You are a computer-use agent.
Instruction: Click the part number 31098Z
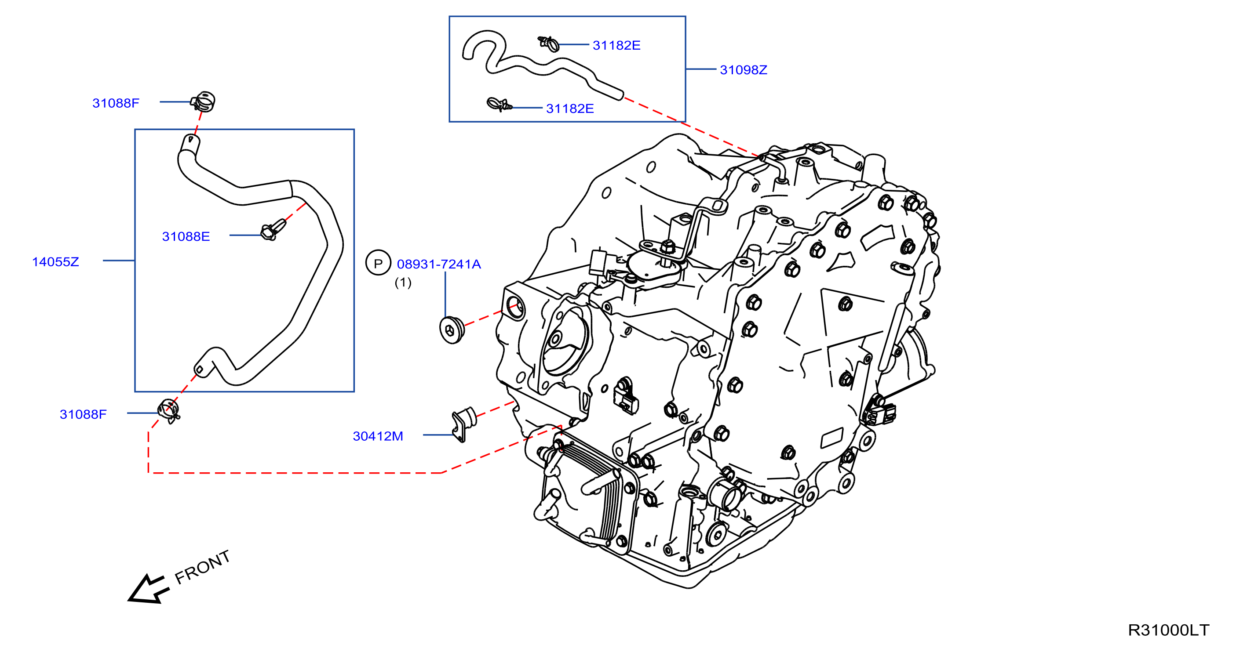pos(743,70)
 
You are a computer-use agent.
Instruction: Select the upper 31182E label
pos(616,45)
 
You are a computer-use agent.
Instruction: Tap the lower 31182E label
pos(570,109)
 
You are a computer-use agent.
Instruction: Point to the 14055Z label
pos(55,262)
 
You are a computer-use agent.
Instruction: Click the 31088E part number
pos(186,237)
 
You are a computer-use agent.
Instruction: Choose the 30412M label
pos(378,436)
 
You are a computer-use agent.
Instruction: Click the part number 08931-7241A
pos(438,264)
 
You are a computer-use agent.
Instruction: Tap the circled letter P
pos(378,263)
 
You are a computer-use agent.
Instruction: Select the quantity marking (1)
pos(403,283)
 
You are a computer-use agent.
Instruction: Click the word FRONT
pos(202,567)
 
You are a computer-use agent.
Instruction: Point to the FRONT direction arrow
pos(149,589)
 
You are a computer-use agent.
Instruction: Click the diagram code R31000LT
pos(1168,630)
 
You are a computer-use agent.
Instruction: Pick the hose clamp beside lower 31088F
pos(168,411)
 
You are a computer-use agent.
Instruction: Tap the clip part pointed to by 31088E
pos(273,229)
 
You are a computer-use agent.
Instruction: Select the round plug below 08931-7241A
pos(452,330)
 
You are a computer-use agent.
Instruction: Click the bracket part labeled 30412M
pos(463,424)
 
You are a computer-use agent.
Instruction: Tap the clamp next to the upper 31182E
pos(548,43)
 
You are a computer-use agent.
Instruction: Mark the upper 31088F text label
pos(116,103)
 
